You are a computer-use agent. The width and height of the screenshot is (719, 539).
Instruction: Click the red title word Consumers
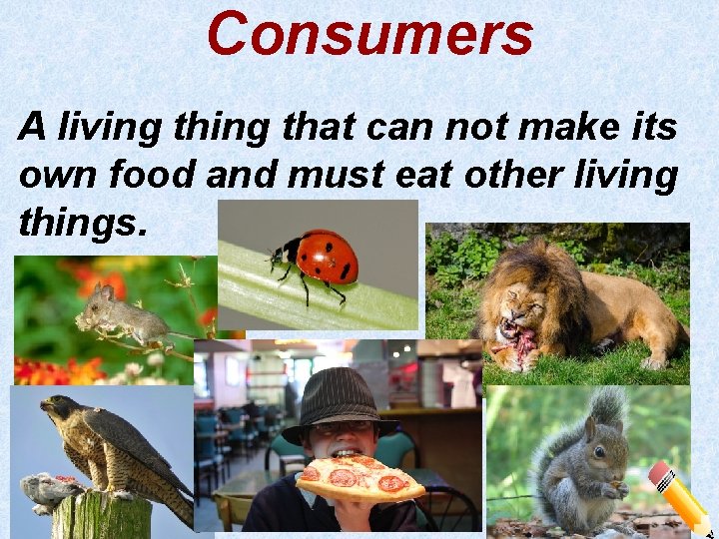[369, 34]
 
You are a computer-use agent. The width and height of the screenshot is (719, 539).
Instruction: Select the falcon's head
[61, 410]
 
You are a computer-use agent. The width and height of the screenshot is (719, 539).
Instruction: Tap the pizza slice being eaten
[359, 478]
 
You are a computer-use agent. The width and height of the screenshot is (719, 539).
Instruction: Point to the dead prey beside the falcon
[50, 489]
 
